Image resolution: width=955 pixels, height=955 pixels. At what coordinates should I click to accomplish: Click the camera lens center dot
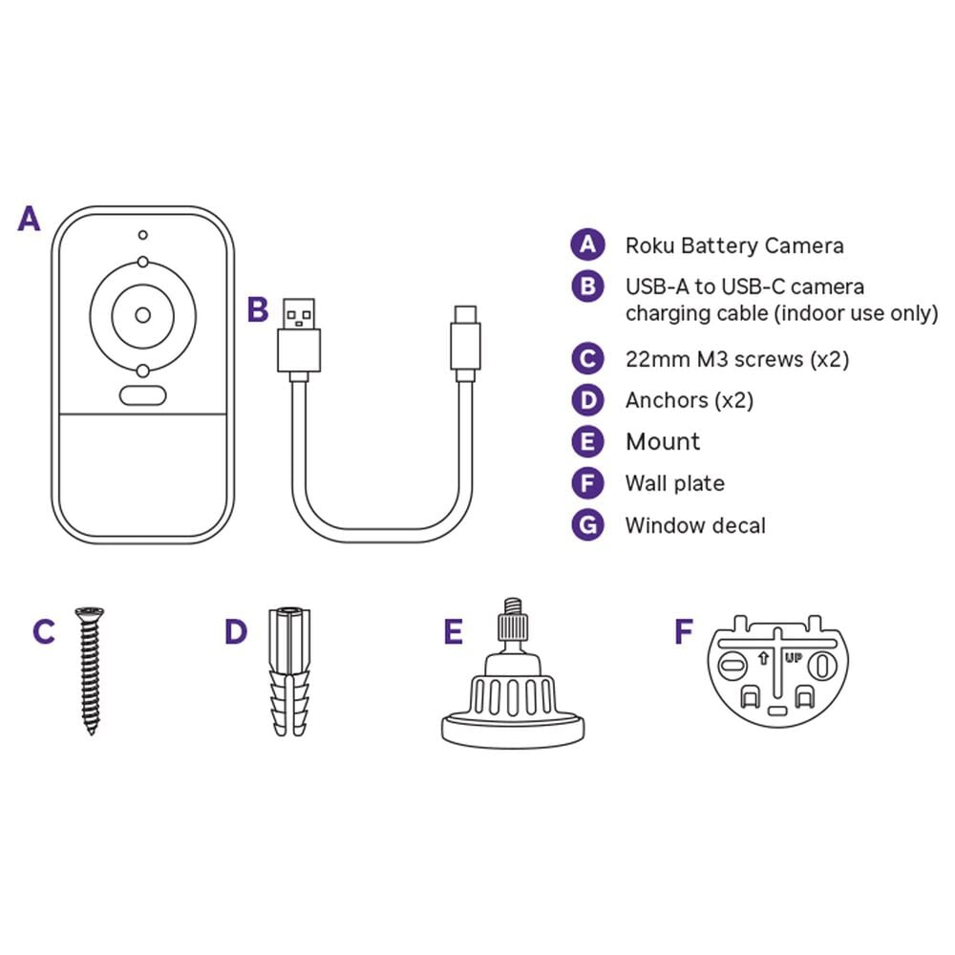click(x=143, y=315)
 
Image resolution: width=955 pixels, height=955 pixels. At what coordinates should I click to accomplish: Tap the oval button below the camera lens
click(x=143, y=395)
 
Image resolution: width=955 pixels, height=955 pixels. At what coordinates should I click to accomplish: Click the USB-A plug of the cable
click(x=299, y=339)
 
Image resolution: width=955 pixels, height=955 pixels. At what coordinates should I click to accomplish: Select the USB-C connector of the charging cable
click(x=466, y=342)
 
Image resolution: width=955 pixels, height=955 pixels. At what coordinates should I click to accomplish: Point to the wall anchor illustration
click(x=290, y=670)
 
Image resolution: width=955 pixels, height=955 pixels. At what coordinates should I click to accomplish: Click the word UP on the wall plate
click(x=794, y=658)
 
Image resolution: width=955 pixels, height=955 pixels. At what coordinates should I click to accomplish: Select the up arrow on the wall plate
click(x=762, y=658)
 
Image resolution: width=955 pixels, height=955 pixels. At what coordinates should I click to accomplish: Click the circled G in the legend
click(x=587, y=525)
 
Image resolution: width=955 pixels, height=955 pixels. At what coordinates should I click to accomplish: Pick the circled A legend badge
click(x=587, y=244)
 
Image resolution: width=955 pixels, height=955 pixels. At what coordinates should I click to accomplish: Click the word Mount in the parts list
click(x=663, y=441)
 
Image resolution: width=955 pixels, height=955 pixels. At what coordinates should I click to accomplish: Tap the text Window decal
click(x=695, y=525)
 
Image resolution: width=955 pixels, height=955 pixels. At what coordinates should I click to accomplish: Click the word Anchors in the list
click(x=667, y=400)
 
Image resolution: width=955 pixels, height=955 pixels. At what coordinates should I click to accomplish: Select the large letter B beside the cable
click(x=258, y=309)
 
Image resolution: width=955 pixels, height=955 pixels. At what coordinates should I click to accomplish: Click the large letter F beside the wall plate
click(x=684, y=631)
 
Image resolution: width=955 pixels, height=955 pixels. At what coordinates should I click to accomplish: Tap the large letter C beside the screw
click(x=44, y=631)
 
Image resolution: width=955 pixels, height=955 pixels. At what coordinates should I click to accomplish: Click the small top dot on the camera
click(x=142, y=235)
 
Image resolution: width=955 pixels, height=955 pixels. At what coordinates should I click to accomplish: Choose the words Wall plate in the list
click(x=675, y=483)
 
